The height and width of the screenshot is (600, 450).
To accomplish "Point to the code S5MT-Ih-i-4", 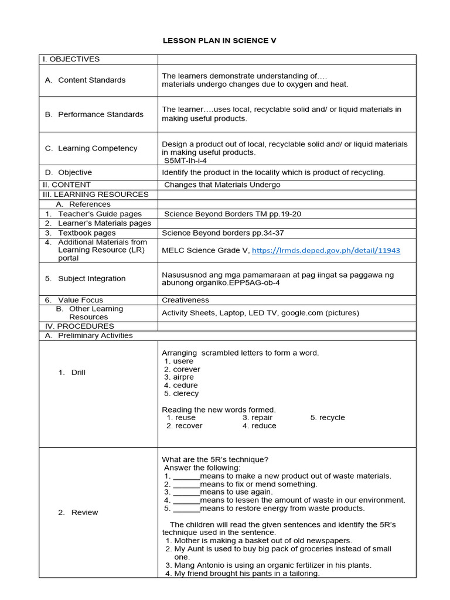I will pyautogui.click(x=185, y=161).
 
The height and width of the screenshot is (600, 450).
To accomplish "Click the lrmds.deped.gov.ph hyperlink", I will pyautogui.click(x=326, y=250).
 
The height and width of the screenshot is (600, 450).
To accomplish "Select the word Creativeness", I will pyautogui.click(x=186, y=300).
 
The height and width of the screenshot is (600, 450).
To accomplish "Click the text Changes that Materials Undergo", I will pyautogui.click(x=222, y=185).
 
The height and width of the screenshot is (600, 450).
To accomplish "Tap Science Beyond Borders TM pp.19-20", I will pyautogui.click(x=233, y=214).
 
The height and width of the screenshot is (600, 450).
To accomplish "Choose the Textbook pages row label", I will pyautogui.click(x=87, y=233).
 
